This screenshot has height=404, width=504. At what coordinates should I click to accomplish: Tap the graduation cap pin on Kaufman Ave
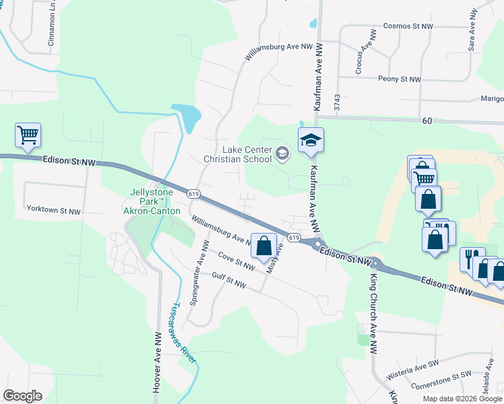(x=311, y=140)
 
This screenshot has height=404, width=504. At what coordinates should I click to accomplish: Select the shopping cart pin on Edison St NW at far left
(x=28, y=135)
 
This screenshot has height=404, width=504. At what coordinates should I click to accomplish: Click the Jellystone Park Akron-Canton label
(x=152, y=201)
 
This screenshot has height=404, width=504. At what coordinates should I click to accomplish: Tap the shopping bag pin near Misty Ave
(x=264, y=246)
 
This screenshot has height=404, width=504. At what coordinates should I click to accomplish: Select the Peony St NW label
(x=400, y=79)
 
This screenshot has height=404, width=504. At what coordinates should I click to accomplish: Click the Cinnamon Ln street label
(x=51, y=26)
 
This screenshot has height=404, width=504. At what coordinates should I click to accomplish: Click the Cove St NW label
(x=237, y=262)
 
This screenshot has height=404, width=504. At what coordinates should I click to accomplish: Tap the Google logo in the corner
(x=22, y=396)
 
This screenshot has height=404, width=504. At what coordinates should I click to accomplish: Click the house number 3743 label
(x=338, y=102)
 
